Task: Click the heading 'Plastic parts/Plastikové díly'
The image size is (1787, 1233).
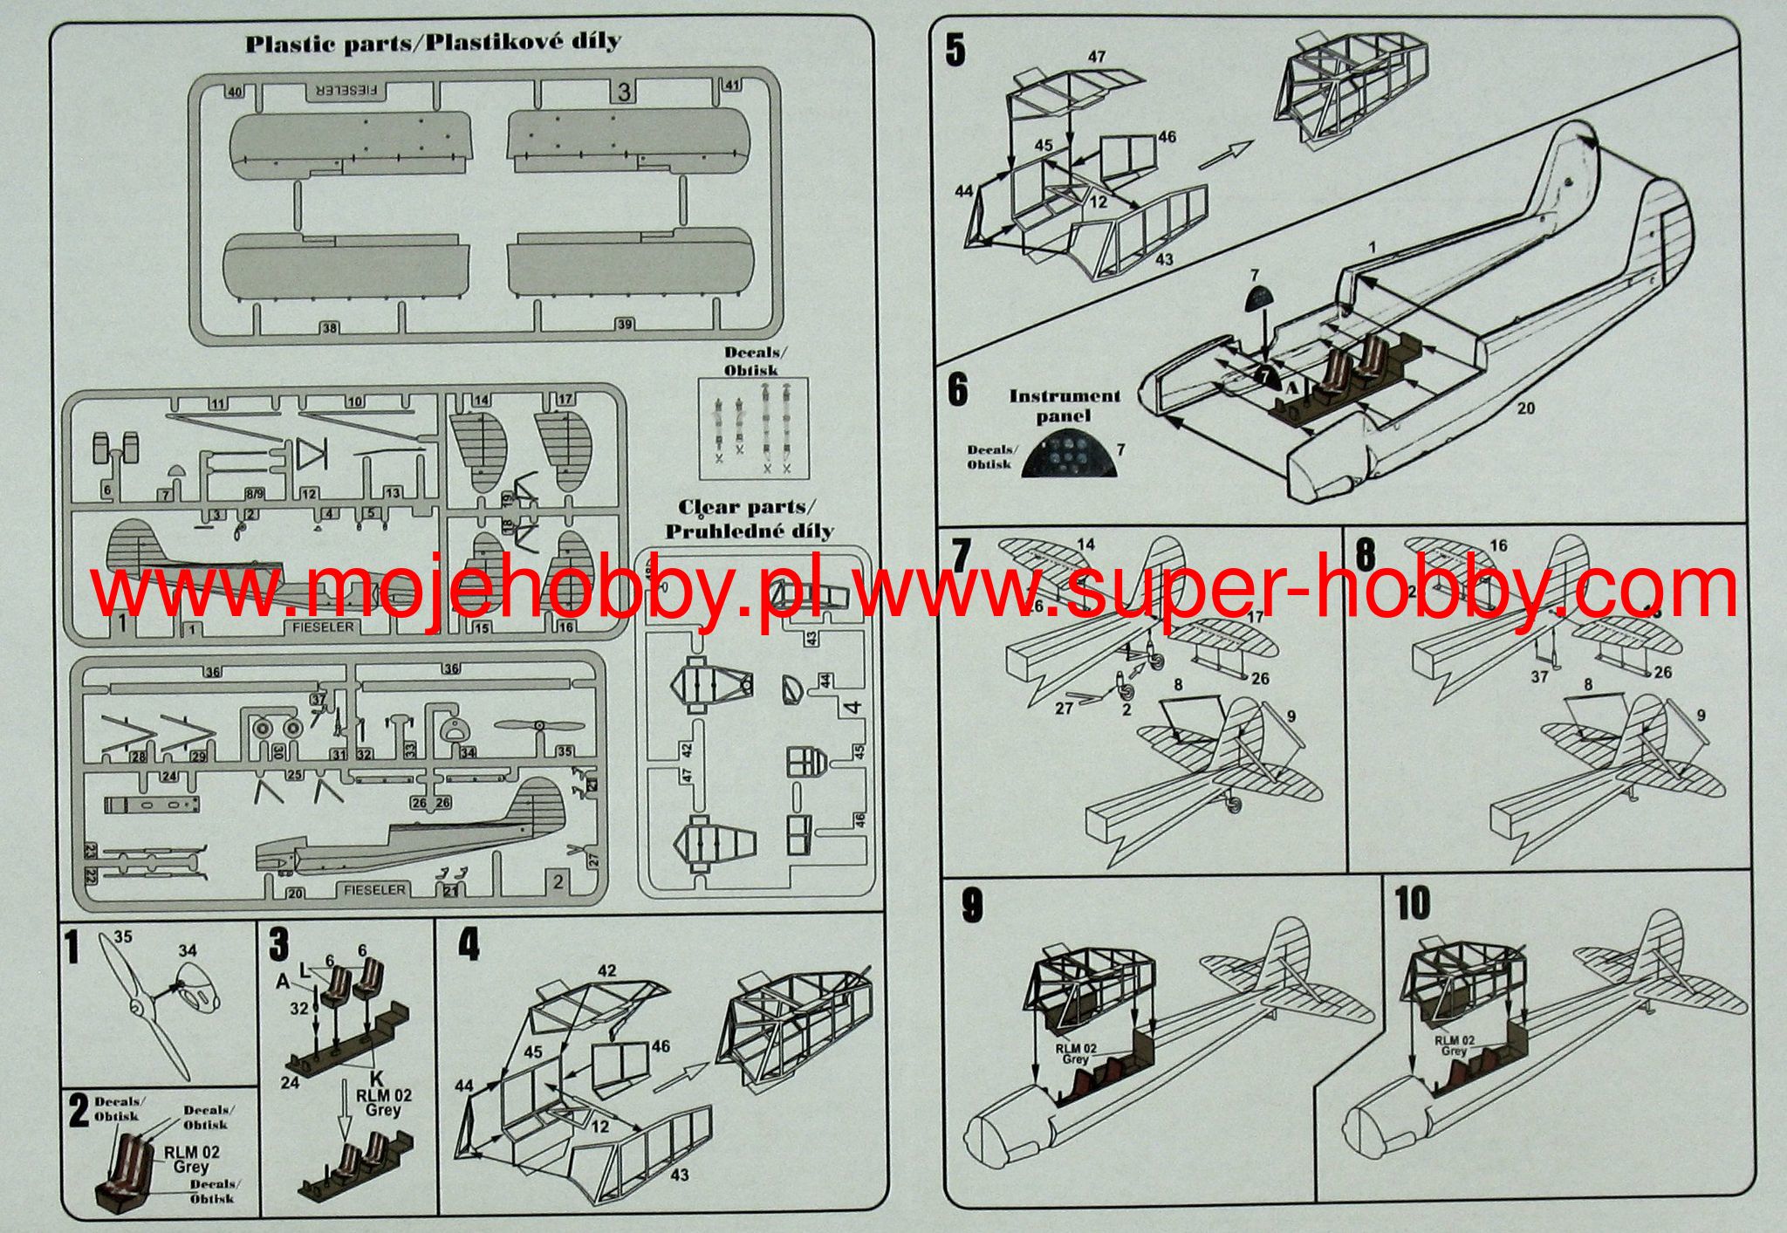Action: coord(433,43)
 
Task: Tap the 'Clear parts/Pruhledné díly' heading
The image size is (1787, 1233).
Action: coord(749,519)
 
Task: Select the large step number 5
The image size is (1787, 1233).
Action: coord(956,51)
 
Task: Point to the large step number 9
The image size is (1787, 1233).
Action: coord(971,906)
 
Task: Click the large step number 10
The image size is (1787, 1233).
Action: coord(1413,903)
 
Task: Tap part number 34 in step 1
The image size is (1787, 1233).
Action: coord(187,950)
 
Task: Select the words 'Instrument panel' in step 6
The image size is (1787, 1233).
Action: coord(1064,406)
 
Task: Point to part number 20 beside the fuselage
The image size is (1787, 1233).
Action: coord(1525,408)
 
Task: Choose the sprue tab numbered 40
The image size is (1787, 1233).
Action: coord(234,92)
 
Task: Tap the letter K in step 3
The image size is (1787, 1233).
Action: coord(377,1079)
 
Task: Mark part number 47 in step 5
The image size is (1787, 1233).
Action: coord(1097,57)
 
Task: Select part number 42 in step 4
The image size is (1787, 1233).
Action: coord(606,970)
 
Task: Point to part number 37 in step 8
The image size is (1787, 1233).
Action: coord(1539,676)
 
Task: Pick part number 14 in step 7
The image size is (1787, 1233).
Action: coord(1085,545)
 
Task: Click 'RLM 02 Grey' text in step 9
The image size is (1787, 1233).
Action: coord(1075,1053)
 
